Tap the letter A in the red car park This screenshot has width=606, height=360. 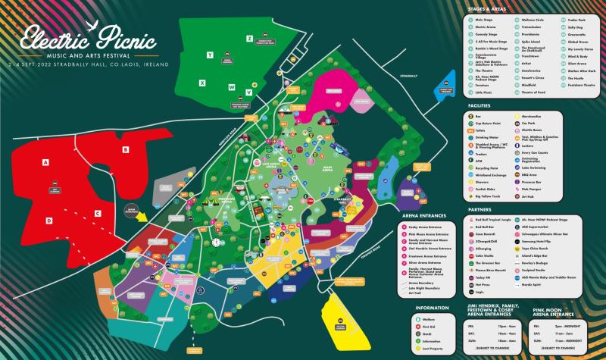[x=45, y=163]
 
